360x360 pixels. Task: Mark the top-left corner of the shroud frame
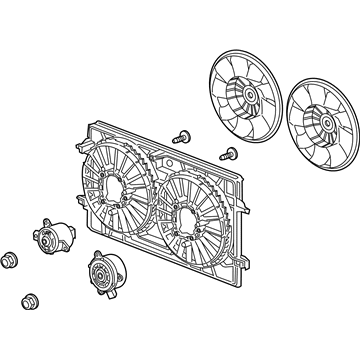pos(87,125)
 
